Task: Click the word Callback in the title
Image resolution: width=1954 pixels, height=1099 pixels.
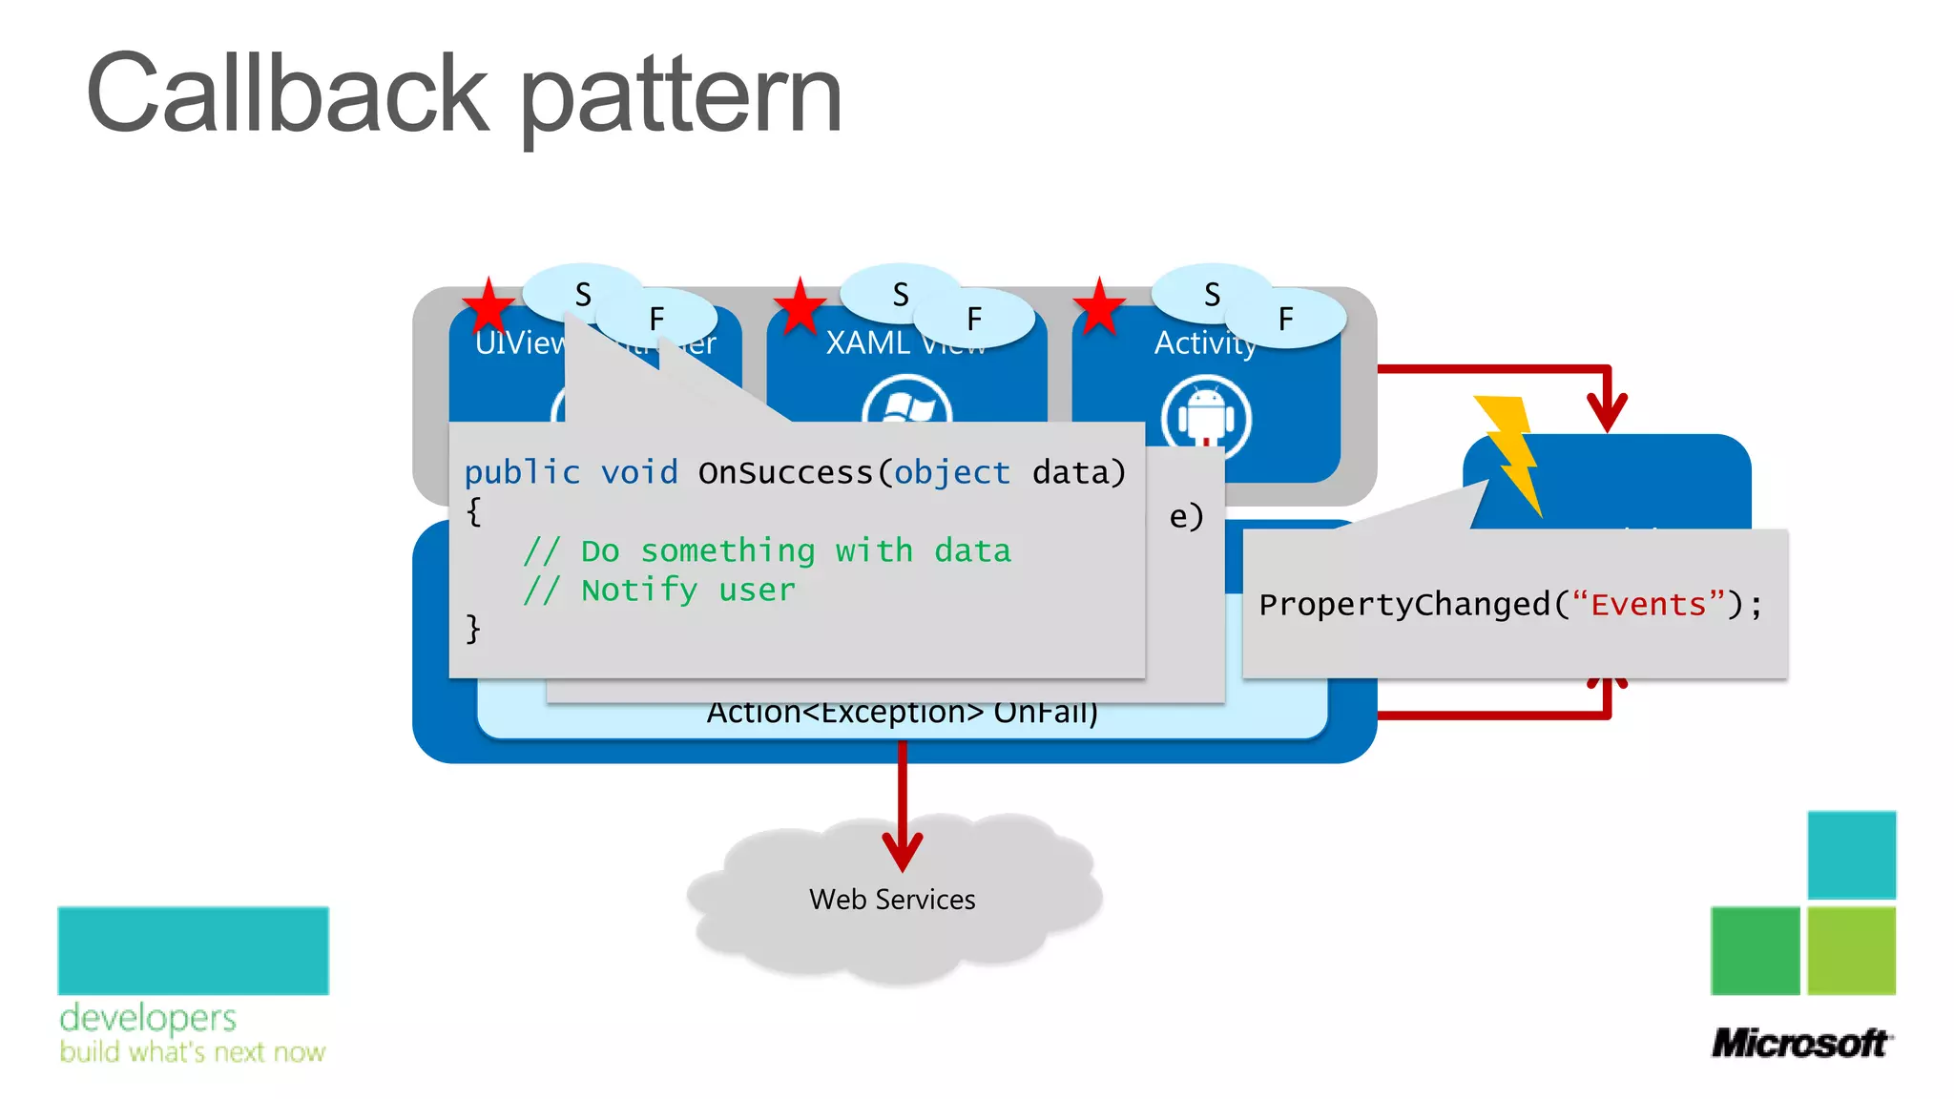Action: (286, 95)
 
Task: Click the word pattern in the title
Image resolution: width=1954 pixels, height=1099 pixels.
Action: (681, 100)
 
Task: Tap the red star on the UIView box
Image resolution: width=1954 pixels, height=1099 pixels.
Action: (488, 307)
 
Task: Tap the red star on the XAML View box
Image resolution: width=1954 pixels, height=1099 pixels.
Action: (800, 307)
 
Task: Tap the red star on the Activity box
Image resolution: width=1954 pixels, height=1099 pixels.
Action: (1099, 307)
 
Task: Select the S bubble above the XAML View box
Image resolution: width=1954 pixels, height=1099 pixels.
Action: (900, 294)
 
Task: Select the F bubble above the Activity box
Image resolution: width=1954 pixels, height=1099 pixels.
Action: (1286, 319)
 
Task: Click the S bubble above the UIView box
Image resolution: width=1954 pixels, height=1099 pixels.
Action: (582, 294)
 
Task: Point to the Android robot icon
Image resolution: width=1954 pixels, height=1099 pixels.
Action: (1206, 417)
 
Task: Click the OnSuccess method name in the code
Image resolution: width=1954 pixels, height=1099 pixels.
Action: (785, 473)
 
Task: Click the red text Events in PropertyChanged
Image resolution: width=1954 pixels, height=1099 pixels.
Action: (1648, 605)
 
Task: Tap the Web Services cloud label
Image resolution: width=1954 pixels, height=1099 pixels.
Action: (892, 900)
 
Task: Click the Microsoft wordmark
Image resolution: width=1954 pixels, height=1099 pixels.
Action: (1799, 1044)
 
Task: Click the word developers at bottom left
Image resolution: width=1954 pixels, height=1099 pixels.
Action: (148, 1019)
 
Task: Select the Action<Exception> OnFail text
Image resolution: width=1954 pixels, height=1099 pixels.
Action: (902, 713)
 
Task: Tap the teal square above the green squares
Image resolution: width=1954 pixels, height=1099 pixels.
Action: (1851, 855)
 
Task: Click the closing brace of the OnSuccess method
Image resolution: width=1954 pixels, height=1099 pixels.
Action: (473, 629)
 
